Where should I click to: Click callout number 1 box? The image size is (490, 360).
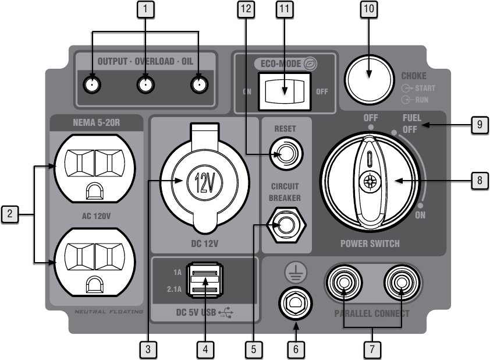tap(145, 9)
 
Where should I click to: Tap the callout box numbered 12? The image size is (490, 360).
tap(246, 9)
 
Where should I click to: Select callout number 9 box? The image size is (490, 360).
tap(480, 125)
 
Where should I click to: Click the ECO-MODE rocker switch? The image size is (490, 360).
tap(285, 91)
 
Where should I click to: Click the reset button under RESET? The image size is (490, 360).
tap(286, 154)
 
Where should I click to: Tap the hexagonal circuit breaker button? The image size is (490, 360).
tap(286, 225)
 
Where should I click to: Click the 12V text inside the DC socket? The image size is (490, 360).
tap(205, 183)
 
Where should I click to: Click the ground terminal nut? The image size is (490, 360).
tap(295, 303)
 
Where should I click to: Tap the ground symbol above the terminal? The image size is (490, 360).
tap(296, 273)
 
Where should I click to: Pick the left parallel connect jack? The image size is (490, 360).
tap(344, 283)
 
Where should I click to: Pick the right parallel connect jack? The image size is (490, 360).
tap(402, 283)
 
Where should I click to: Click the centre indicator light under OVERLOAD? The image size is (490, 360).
tap(145, 84)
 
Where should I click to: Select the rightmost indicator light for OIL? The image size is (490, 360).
tap(200, 84)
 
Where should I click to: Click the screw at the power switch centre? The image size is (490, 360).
tap(370, 181)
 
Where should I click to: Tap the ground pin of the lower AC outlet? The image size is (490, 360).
tap(95, 285)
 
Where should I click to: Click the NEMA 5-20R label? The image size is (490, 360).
tap(96, 122)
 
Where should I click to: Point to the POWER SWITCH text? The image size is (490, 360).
tap(370, 243)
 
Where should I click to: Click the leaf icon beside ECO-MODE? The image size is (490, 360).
tap(310, 64)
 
